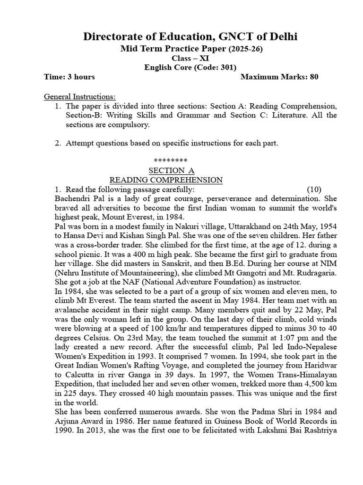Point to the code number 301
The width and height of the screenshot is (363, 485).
226,67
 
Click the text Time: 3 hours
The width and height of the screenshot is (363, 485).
69,77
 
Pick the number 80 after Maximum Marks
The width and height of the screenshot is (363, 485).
314,77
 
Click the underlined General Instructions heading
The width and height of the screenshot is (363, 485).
80,97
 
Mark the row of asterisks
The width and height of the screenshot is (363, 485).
172,161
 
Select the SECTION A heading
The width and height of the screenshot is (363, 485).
172,171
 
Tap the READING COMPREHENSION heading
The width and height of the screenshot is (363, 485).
166,180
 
